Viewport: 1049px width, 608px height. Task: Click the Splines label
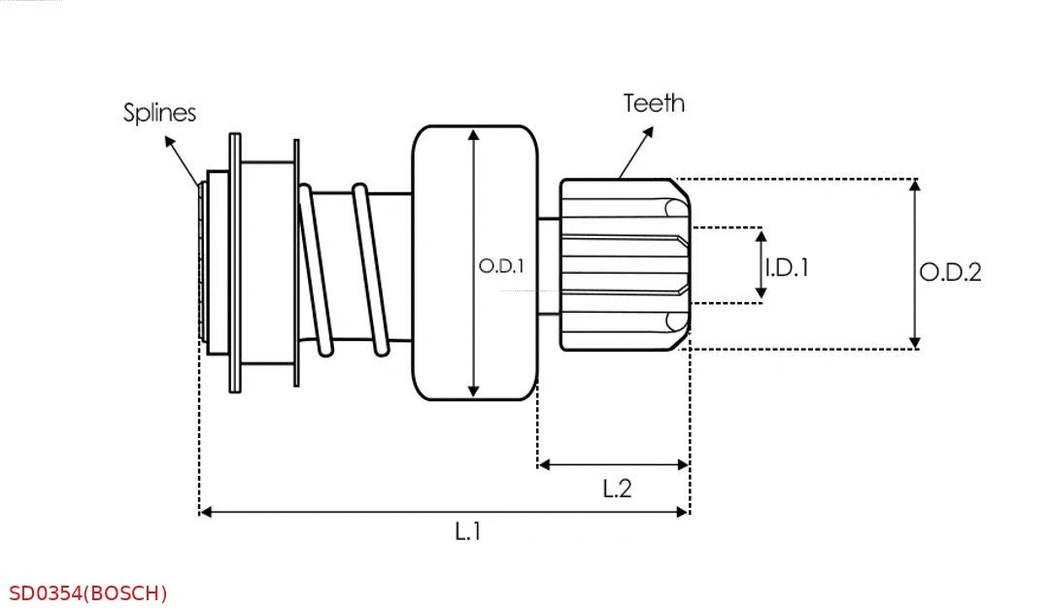tap(159, 113)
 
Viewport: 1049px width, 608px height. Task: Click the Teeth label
tap(654, 103)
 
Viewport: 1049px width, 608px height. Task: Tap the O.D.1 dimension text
tap(501, 265)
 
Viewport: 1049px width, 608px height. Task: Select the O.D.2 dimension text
tap(950, 272)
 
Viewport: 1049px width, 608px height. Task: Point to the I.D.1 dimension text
tap(786, 267)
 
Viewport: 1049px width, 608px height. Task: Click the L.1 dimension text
tap(468, 531)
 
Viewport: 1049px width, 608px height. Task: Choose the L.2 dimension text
tap(617, 488)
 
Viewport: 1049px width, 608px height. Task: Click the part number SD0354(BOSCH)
tap(88, 592)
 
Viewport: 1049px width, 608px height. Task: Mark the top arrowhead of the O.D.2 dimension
tap(914, 185)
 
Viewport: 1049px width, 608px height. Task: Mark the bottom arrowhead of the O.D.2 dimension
tap(914, 343)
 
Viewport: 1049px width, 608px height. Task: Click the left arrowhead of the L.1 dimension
tap(205, 511)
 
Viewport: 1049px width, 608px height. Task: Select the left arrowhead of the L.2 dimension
tap(543, 465)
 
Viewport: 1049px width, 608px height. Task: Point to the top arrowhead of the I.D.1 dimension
tap(761, 234)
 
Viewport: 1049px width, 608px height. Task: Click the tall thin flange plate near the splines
tap(235, 262)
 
